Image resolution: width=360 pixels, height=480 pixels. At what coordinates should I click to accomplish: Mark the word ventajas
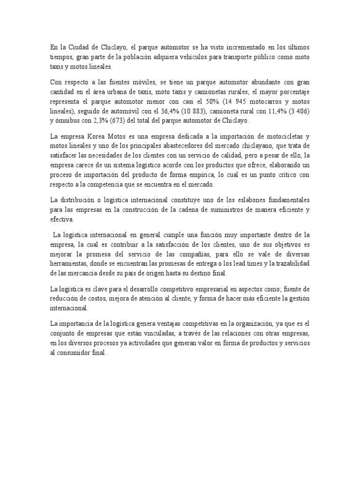[x=169, y=323]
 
